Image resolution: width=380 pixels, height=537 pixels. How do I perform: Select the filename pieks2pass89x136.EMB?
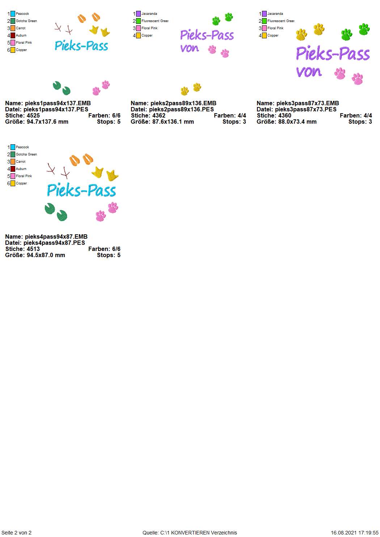183,103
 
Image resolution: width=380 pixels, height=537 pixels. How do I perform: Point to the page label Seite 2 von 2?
16,533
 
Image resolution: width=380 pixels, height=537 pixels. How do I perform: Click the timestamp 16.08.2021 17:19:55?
355,533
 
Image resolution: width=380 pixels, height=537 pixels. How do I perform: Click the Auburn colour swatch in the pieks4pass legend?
13,169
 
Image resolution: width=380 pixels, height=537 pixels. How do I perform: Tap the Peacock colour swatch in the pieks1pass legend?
13,14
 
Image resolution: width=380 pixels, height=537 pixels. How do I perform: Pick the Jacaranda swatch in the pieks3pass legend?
264,14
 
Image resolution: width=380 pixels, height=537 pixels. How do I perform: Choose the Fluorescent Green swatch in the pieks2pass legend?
138,21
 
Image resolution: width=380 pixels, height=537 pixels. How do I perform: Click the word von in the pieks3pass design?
309,72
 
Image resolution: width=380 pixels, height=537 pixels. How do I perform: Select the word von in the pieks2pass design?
190,48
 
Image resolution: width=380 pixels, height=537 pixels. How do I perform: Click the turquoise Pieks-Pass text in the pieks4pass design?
81,190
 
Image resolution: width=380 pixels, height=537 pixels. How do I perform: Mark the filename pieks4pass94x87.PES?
54,243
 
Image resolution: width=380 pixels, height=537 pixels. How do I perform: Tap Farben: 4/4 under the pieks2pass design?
230,116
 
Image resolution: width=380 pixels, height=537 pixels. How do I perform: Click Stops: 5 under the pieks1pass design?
109,122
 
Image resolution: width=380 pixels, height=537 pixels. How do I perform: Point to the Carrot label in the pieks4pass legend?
21,162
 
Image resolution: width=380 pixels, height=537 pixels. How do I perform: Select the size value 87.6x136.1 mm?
172,122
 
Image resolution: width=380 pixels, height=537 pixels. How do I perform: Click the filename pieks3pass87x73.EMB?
308,103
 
